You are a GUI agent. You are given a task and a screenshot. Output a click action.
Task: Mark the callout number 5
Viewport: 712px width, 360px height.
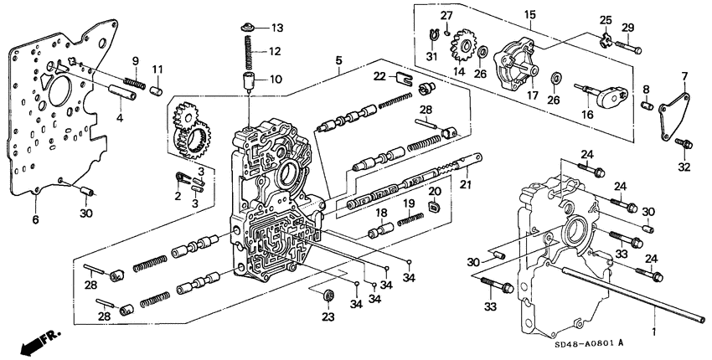(338, 60)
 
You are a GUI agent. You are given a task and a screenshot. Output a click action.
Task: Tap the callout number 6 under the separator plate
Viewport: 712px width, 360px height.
(35, 219)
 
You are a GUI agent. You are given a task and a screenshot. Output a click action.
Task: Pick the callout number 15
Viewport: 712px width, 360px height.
(529, 15)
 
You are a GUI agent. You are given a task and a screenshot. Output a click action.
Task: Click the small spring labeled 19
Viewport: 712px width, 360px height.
(410, 219)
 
